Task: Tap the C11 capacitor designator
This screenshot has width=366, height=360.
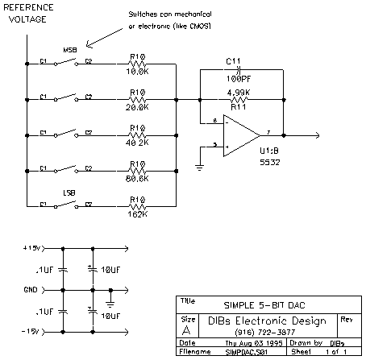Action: click(x=233, y=60)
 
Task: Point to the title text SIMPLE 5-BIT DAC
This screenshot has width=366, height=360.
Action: click(x=261, y=304)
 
